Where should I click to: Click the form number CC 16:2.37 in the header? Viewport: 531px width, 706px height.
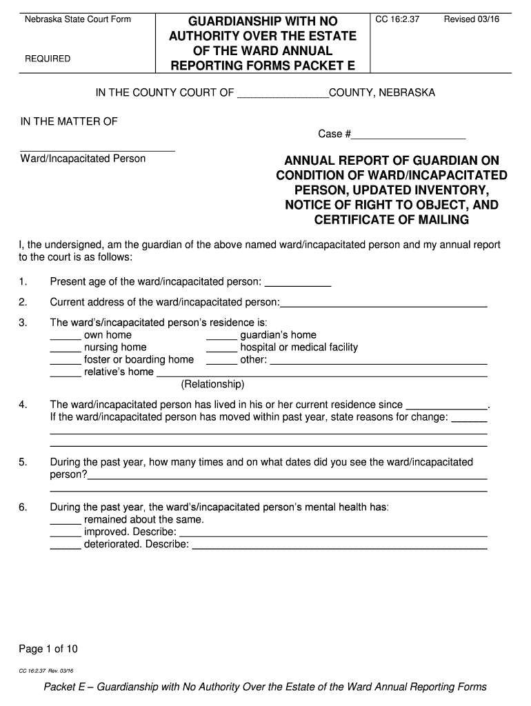pos(397,19)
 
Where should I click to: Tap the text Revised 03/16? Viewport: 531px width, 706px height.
pos(472,19)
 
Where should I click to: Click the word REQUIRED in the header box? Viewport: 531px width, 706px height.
pos(48,59)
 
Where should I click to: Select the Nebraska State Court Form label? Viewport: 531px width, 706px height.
pos(78,19)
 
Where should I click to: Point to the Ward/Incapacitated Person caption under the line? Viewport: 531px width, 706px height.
pos(83,159)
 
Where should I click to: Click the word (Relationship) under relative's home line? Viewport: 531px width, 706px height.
pos(212,384)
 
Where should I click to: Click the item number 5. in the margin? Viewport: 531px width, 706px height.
pos(23,462)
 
